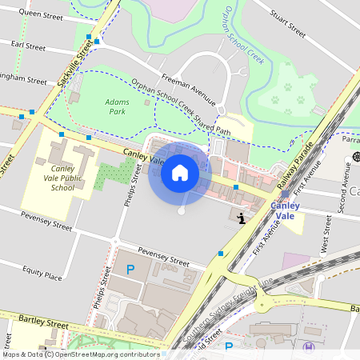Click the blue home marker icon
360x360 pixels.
click(x=180, y=173)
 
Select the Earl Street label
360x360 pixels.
click(x=23, y=47)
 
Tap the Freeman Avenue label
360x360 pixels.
click(x=189, y=89)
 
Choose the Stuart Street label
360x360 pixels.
click(x=289, y=24)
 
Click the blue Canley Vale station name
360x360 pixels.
click(x=286, y=210)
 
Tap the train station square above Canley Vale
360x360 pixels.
click(x=285, y=194)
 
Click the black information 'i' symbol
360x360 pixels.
click(x=243, y=216)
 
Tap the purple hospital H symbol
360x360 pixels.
click(x=310, y=346)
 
